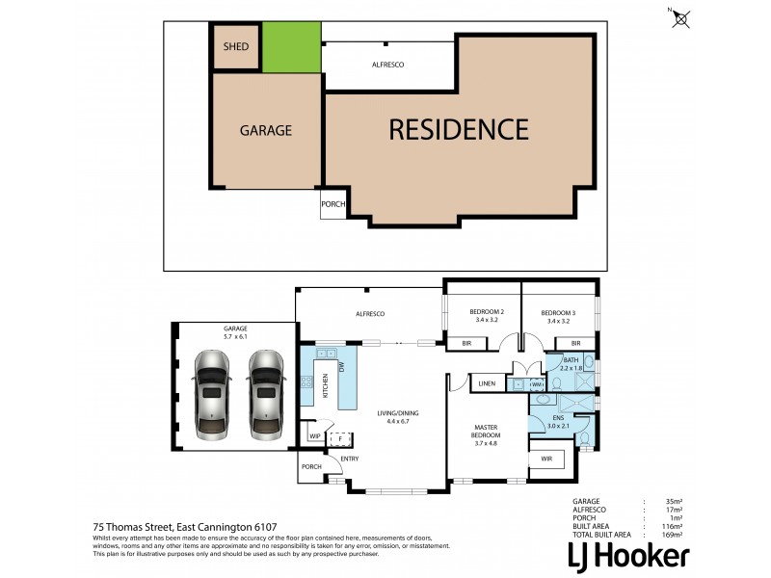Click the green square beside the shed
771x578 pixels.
click(x=291, y=47)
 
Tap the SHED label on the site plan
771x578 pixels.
click(x=236, y=46)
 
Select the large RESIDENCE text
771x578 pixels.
click(x=459, y=129)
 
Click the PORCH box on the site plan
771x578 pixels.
click(x=332, y=204)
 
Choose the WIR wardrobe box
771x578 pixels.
click(x=546, y=458)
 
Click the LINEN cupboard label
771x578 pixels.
click(x=487, y=384)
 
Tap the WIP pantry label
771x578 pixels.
click(x=314, y=436)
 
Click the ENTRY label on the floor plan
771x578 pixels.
click(x=349, y=458)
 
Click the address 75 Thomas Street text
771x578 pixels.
click(x=184, y=526)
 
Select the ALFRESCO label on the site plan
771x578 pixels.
click(x=387, y=64)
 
